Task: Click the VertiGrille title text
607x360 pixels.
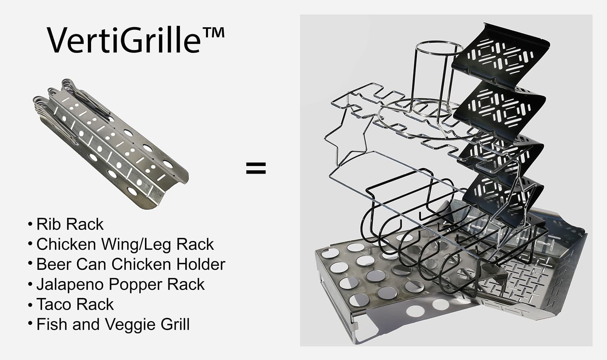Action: (x=123, y=40)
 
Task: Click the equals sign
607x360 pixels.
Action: (x=256, y=168)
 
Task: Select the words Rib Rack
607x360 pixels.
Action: (x=70, y=224)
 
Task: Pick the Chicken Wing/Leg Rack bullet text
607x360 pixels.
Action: (x=125, y=245)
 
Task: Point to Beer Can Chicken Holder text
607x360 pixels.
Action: (x=130, y=264)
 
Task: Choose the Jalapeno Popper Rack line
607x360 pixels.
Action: (x=120, y=285)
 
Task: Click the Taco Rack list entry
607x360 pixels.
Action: (x=75, y=305)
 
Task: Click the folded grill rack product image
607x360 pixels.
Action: (x=109, y=144)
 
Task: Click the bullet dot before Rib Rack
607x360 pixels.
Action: (x=30, y=224)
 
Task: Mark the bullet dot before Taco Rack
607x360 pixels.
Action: (x=30, y=304)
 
